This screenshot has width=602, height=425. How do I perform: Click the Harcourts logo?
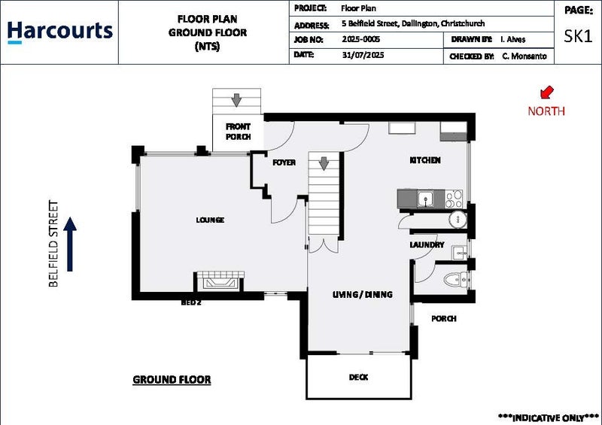point(59,32)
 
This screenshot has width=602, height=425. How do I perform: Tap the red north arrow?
point(546,93)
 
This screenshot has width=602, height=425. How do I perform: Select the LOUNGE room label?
point(210,220)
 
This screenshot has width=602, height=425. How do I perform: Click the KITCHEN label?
point(424,160)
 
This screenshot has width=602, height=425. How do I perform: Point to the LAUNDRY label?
point(427,245)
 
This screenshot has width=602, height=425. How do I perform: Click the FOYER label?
point(284,162)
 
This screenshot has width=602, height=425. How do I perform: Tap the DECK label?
point(359,377)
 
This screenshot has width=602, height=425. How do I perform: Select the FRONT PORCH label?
point(238,132)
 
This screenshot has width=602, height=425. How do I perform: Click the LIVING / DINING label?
point(363,295)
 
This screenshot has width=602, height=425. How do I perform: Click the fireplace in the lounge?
point(219,282)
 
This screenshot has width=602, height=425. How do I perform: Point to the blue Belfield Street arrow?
point(70,244)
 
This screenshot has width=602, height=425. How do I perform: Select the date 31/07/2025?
point(360,56)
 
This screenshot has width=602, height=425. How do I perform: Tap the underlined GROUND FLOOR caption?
point(172,380)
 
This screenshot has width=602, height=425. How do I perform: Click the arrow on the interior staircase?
point(324,163)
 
